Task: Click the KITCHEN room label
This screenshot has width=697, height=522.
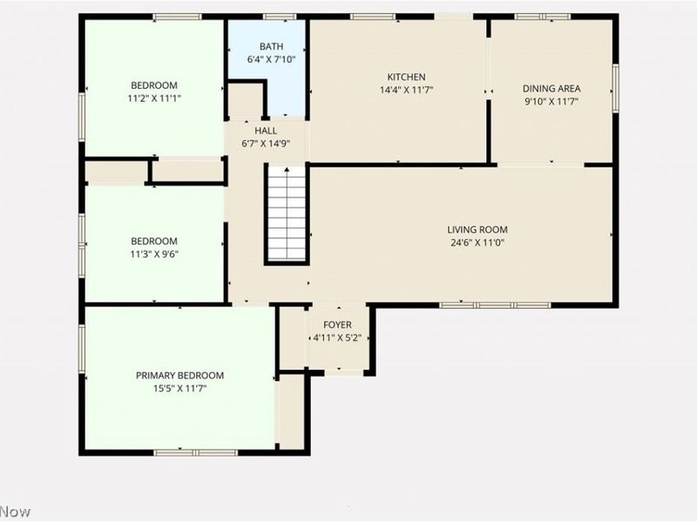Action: (x=406, y=77)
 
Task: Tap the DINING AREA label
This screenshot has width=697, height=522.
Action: (x=552, y=89)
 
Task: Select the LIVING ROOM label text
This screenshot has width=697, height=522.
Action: (x=477, y=230)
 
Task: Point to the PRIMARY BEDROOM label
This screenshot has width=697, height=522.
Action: (x=179, y=376)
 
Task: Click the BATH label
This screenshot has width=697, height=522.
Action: (x=271, y=46)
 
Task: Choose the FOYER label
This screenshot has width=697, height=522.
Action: (x=337, y=325)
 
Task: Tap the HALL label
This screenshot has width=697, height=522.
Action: (x=266, y=130)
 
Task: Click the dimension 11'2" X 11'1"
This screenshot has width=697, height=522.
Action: (x=154, y=98)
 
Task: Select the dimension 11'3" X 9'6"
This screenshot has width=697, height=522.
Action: (x=154, y=254)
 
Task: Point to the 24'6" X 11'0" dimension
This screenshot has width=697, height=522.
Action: (x=477, y=243)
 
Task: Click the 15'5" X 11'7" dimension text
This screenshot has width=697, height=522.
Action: (x=179, y=388)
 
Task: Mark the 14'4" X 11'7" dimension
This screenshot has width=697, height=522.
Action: (x=406, y=90)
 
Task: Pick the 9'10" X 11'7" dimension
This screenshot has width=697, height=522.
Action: (x=552, y=101)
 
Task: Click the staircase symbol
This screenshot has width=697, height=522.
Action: (x=288, y=214)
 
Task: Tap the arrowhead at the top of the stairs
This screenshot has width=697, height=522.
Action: (x=288, y=169)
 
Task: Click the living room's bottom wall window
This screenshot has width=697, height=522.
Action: (x=495, y=305)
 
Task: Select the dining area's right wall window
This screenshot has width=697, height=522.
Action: (x=616, y=88)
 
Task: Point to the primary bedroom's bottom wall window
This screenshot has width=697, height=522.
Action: (x=195, y=452)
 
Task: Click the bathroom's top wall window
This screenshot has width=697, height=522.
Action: (x=279, y=17)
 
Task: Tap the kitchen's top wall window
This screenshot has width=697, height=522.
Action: (x=373, y=17)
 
